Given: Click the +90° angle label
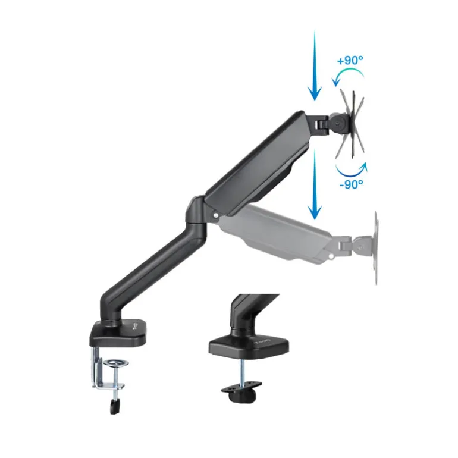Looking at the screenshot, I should pyautogui.click(x=350, y=61).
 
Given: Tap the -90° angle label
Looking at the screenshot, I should pyautogui.click(x=351, y=184).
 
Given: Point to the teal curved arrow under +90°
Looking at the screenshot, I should pyautogui.click(x=349, y=75).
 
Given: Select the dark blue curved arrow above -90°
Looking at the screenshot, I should pyautogui.click(x=351, y=169).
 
